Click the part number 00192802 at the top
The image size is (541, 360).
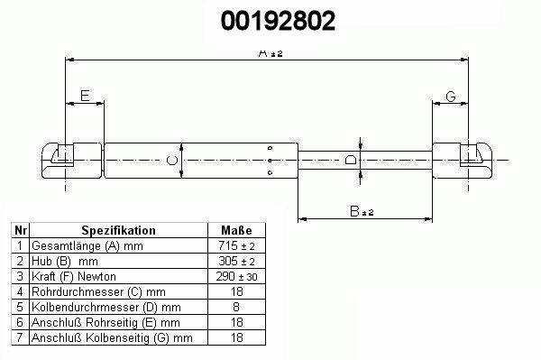tap(278, 21)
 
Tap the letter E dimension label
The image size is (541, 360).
tap(85, 96)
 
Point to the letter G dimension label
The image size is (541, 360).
tap(451, 96)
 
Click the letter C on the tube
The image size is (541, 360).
tap(172, 161)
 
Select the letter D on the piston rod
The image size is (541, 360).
tap(351, 160)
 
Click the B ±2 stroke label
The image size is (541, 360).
tap(362, 211)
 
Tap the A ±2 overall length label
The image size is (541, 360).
tap(270, 53)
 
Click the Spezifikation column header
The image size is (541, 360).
tap(118, 230)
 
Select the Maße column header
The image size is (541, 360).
tap(236, 230)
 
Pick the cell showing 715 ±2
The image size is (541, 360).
tap(236, 245)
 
